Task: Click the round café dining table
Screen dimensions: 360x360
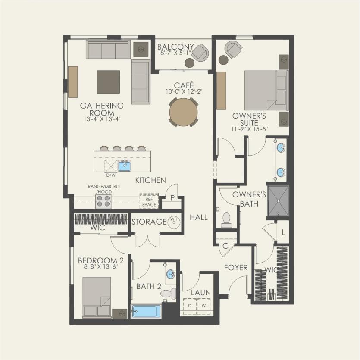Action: (x=184, y=112)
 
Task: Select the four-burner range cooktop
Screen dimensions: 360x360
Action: (x=103, y=201)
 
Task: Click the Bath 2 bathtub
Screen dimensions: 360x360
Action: (x=146, y=311)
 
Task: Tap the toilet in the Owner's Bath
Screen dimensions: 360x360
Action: (x=227, y=220)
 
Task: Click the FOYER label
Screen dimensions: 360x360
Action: (x=236, y=268)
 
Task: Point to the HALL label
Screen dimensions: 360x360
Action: (x=199, y=218)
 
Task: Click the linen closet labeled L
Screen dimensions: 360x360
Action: (x=283, y=232)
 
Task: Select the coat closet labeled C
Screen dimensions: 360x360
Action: (x=225, y=247)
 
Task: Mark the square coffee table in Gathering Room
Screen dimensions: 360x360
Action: (x=108, y=82)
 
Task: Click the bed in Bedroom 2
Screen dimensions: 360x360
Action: (x=97, y=297)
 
